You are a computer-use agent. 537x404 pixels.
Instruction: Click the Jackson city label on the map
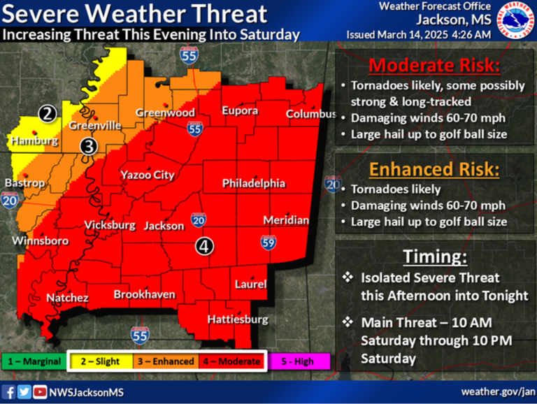[x=164, y=226]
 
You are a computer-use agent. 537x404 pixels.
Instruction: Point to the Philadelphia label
[x=254, y=183]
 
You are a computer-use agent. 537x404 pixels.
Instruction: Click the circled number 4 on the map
[x=203, y=246]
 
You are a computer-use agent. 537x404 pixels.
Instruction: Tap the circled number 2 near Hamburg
[x=47, y=113]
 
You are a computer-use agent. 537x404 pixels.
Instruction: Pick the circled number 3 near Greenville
[x=89, y=145]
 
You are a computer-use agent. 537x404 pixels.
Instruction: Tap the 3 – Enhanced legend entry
[x=166, y=361]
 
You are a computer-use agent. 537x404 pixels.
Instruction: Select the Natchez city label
[x=67, y=298]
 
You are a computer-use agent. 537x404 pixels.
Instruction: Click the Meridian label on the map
[x=286, y=220]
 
